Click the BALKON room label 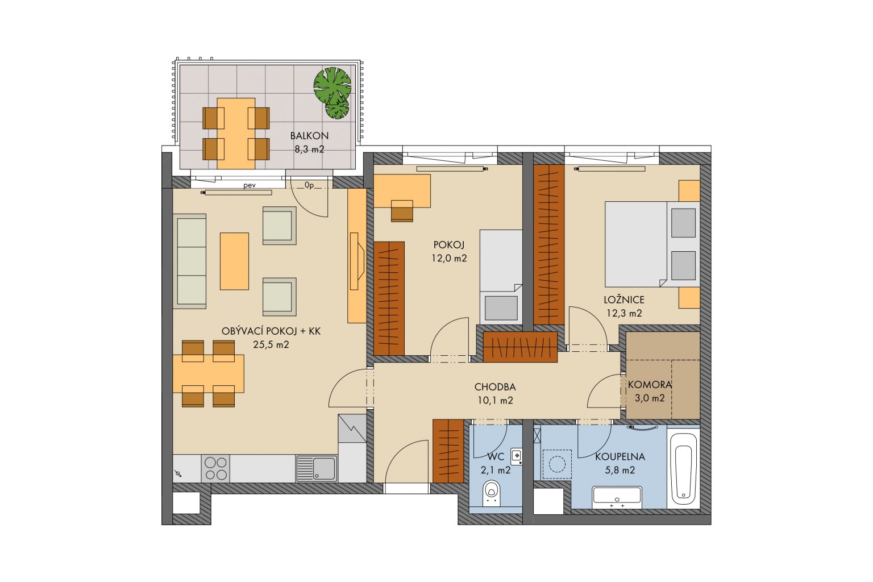309,136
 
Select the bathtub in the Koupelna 683,469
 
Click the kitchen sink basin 324,468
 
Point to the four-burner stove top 215,468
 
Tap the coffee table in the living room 234,261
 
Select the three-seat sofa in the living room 189,261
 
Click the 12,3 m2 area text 624,313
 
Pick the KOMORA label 650,385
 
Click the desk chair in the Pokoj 402,211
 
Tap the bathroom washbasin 617,497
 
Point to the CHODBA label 495,386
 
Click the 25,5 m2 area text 271,344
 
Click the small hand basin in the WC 517,456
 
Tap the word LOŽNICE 624,300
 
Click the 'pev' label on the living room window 250,185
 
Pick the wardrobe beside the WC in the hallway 448,451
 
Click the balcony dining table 236,134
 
